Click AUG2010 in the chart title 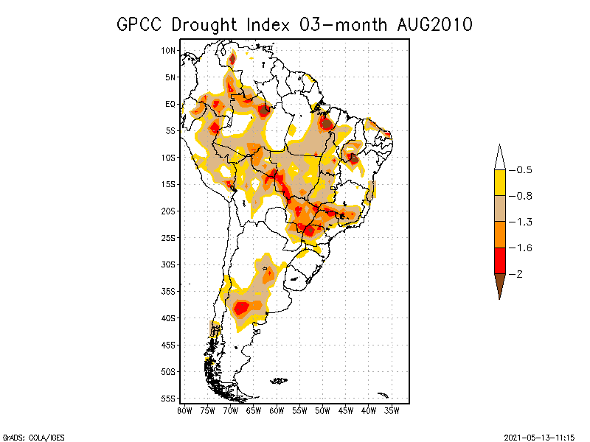(x=432, y=24)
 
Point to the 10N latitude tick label (x=168, y=50)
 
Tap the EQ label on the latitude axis (x=170, y=104)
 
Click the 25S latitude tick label (x=168, y=237)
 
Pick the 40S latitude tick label (x=168, y=318)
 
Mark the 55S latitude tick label (x=168, y=398)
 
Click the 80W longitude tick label (x=184, y=410)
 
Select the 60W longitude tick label (x=277, y=410)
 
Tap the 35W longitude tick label (x=392, y=410)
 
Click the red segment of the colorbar (x=499, y=261)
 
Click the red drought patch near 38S (x=241, y=307)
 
